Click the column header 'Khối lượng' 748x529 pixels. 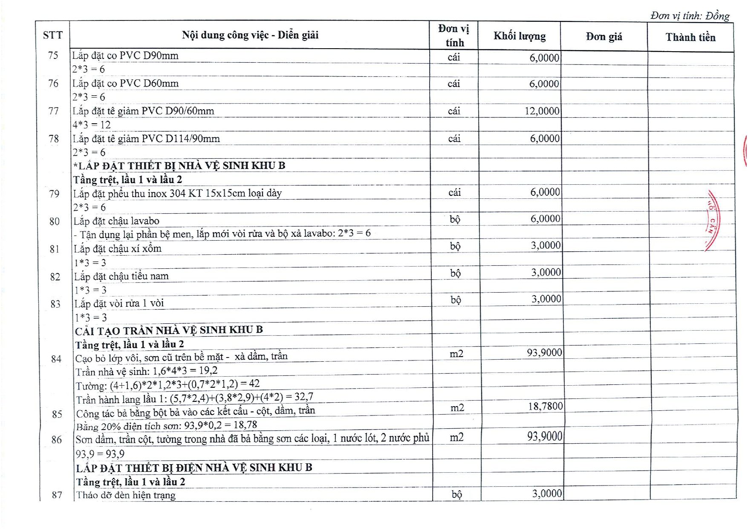(x=519, y=36)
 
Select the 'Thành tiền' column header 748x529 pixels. (x=690, y=38)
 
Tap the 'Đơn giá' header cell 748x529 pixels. (x=604, y=37)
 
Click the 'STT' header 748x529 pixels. (x=52, y=35)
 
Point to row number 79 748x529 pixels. (x=54, y=194)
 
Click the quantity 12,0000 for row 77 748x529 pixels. (x=542, y=111)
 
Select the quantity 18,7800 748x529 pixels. (x=545, y=406)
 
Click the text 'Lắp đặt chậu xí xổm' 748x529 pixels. (x=118, y=248)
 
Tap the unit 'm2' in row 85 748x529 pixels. (x=457, y=408)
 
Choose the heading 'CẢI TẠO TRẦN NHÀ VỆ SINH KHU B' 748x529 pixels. (x=169, y=330)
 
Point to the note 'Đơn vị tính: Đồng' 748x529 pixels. (x=690, y=16)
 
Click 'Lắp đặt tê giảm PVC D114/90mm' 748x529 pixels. (x=146, y=139)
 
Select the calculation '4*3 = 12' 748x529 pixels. (x=91, y=125)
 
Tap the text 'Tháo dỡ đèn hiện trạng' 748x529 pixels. (x=126, y=495)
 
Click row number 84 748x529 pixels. (x=56, y=359)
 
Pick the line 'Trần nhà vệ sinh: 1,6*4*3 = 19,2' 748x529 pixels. (x=147, y=371)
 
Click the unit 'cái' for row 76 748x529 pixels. (x=453, y=84)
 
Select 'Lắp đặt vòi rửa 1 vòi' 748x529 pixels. (x=119, y=303)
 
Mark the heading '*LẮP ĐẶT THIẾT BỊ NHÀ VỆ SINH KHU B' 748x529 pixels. (x=179, y=166)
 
